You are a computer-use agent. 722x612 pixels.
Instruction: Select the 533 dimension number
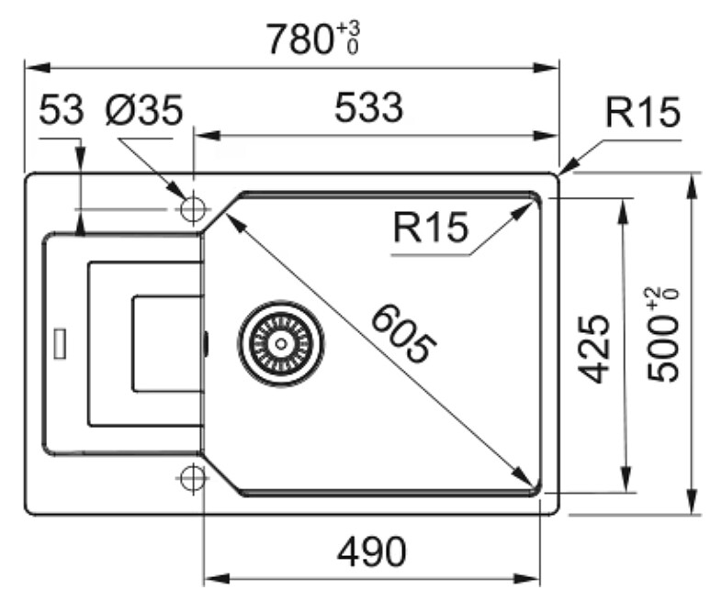369,108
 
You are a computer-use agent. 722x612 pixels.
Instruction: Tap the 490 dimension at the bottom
372,551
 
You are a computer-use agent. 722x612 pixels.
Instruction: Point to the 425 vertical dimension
594,349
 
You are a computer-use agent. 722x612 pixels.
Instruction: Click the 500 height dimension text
663,348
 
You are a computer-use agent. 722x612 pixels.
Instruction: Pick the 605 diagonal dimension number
403,334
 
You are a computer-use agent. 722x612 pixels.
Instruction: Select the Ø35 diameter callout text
144,110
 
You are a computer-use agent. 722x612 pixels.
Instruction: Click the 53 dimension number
62,110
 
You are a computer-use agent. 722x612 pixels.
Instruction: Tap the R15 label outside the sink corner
642,112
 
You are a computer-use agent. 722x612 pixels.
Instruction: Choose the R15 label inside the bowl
431,227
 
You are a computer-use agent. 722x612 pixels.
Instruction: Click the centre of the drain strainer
280,343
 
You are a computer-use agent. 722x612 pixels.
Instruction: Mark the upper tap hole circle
193,209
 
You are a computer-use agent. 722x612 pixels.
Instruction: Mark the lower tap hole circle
193,478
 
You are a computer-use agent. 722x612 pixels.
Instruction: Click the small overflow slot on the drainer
61,343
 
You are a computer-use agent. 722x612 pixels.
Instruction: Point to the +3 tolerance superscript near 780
348,29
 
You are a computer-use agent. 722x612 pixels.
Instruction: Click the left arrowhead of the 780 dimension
37,68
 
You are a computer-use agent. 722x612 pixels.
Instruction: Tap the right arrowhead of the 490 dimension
527,578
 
